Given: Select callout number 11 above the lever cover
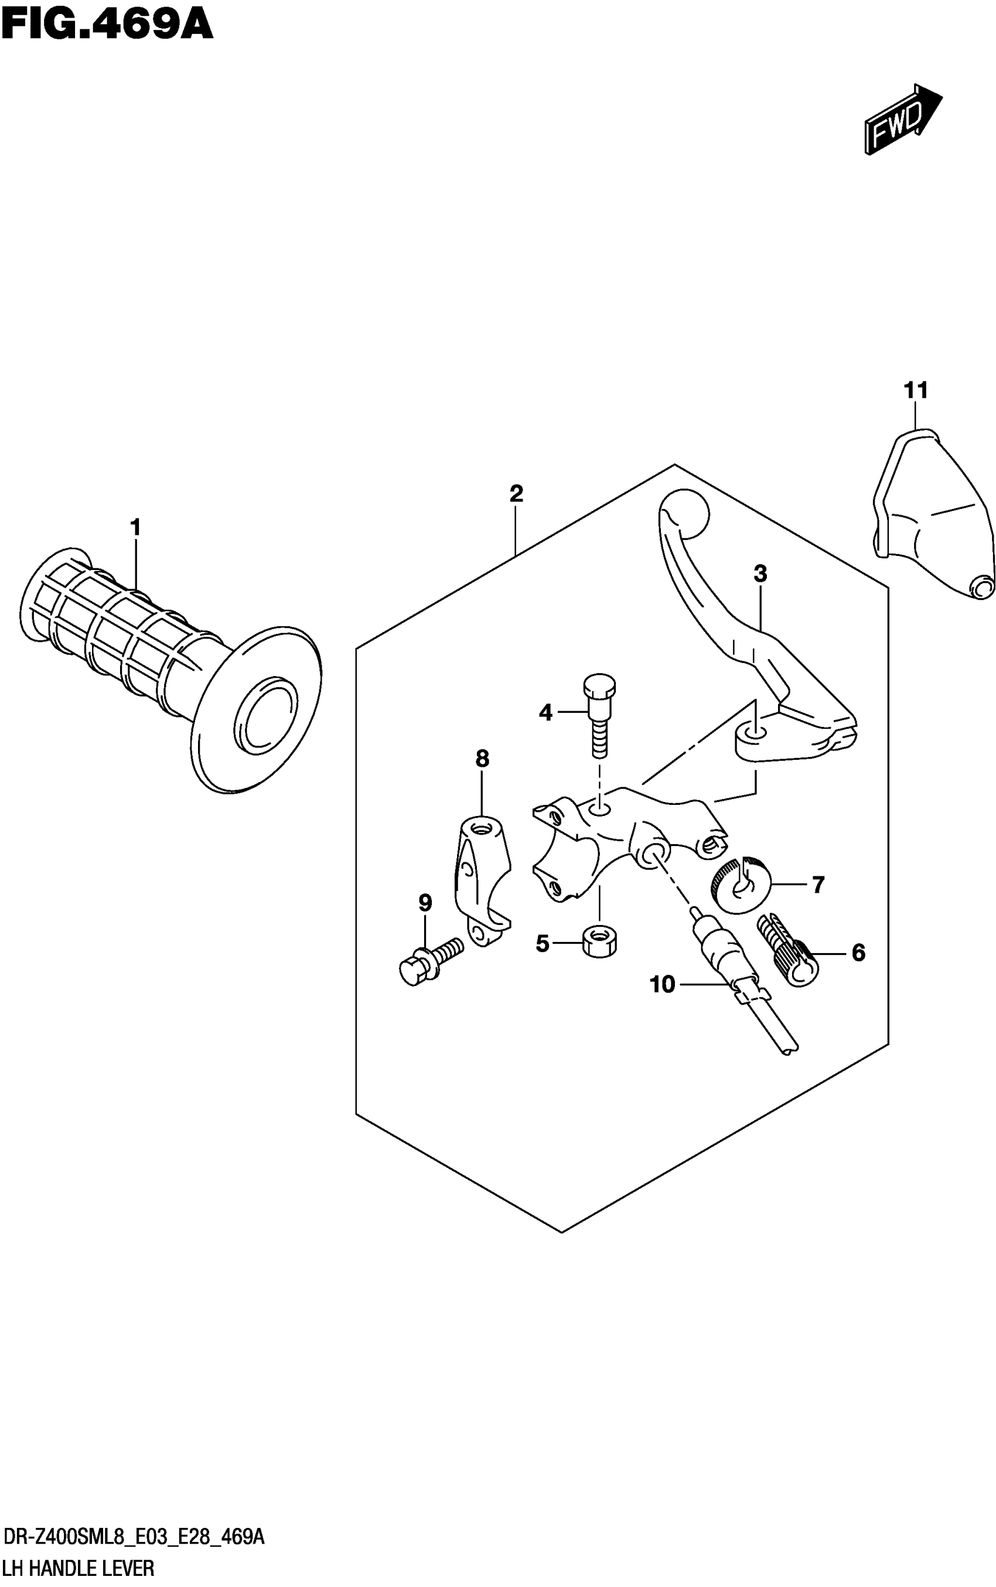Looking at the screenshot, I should click(916, 391).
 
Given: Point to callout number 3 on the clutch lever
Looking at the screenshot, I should click(760, 574).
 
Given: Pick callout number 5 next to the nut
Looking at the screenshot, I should click(542, 944).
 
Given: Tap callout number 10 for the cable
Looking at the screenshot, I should click(662, 984).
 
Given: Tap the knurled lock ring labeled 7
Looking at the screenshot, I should click(741, 886).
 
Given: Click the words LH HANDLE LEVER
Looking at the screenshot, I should click(79, 1569).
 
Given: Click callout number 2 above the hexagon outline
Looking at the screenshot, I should click(516, 493).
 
